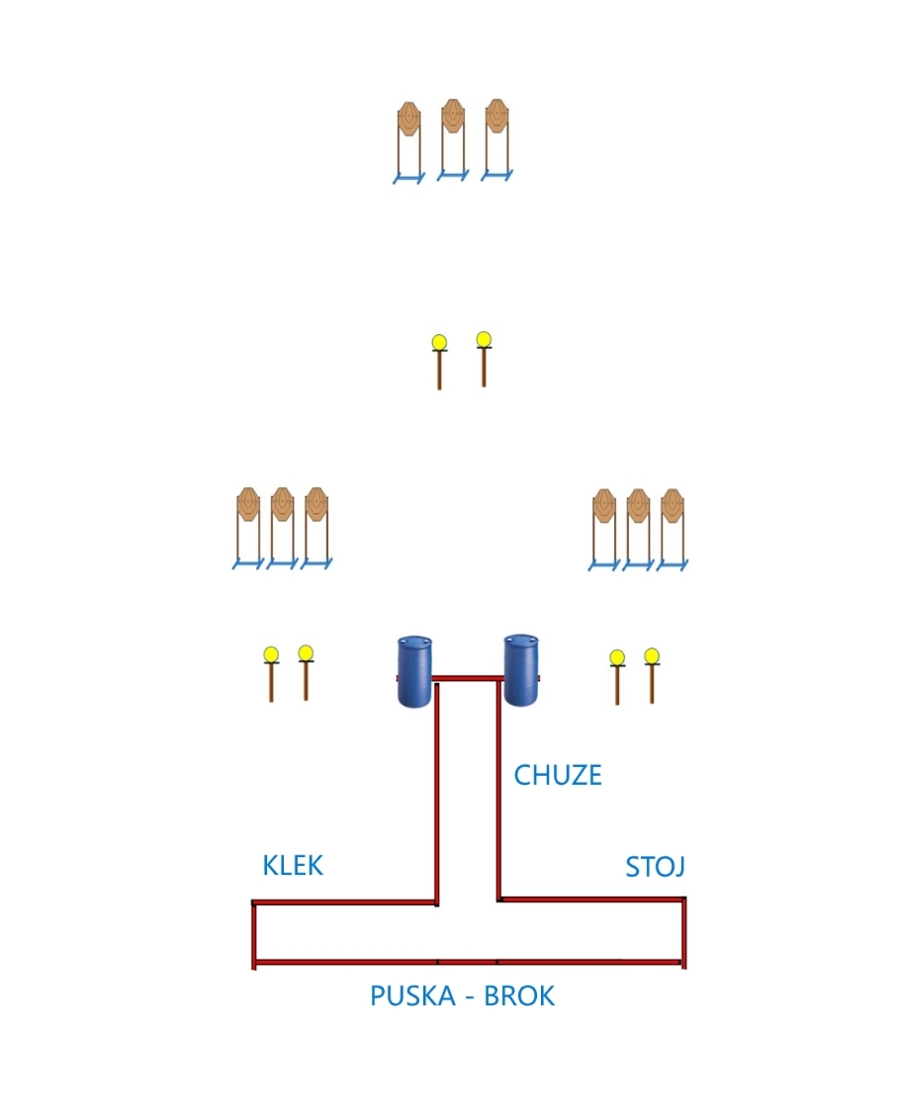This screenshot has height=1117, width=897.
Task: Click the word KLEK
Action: pyautogui.click(x=293, y=865)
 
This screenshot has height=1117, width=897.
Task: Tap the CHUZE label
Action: pyautogui.click(x=557, y=775)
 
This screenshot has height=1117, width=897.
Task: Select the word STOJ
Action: pyautogui.click(x=655, y=867)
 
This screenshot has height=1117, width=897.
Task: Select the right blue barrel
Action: pyautogui.click(x=521, y=670)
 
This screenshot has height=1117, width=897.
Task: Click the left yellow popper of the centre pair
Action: pyautogui.click(x=439, y=344)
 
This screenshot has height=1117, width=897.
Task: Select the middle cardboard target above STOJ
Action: pyautogui.click(x=638, y=506)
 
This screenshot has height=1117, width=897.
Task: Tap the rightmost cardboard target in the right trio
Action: pyautogui.click(x=673, y=506)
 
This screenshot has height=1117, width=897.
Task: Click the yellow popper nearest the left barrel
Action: pyautogui.click(x=306, y=654)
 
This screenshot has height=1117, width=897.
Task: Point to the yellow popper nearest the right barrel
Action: pyautogui.click(x=617, y=658)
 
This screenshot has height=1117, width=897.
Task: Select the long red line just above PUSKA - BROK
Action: pyautogui.click(x=468, y=961)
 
